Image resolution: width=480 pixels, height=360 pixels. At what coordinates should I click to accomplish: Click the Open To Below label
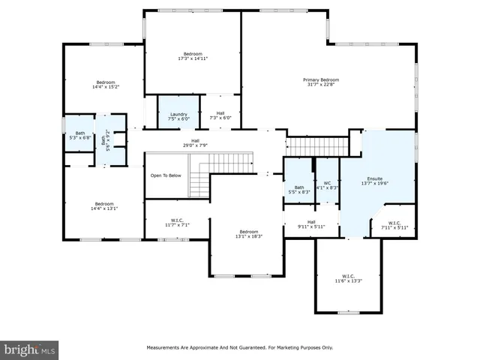coord(166,175)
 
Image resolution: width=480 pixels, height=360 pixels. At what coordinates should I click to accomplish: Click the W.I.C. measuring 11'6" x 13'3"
coord(348,278)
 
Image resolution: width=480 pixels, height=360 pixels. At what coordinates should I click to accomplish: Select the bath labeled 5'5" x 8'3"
coord(299,189)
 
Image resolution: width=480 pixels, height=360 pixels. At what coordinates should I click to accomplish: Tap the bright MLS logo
coord(30,349)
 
